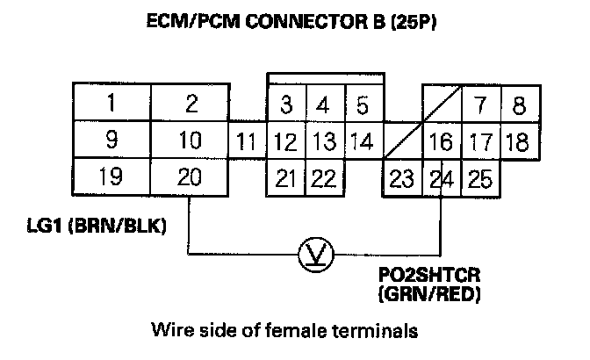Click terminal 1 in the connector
(111, 104)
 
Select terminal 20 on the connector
(191, 177)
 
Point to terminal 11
(248, 141)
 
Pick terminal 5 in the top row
(362, 106)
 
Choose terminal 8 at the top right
(519, 106)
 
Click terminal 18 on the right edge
(518, 141)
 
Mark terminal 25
(480, 180)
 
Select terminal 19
(111, 177)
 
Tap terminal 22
(323, 179)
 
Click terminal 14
(362, 141)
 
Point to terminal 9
(111, 140)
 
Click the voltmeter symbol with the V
(313, 255)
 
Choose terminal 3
(286, 106)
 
